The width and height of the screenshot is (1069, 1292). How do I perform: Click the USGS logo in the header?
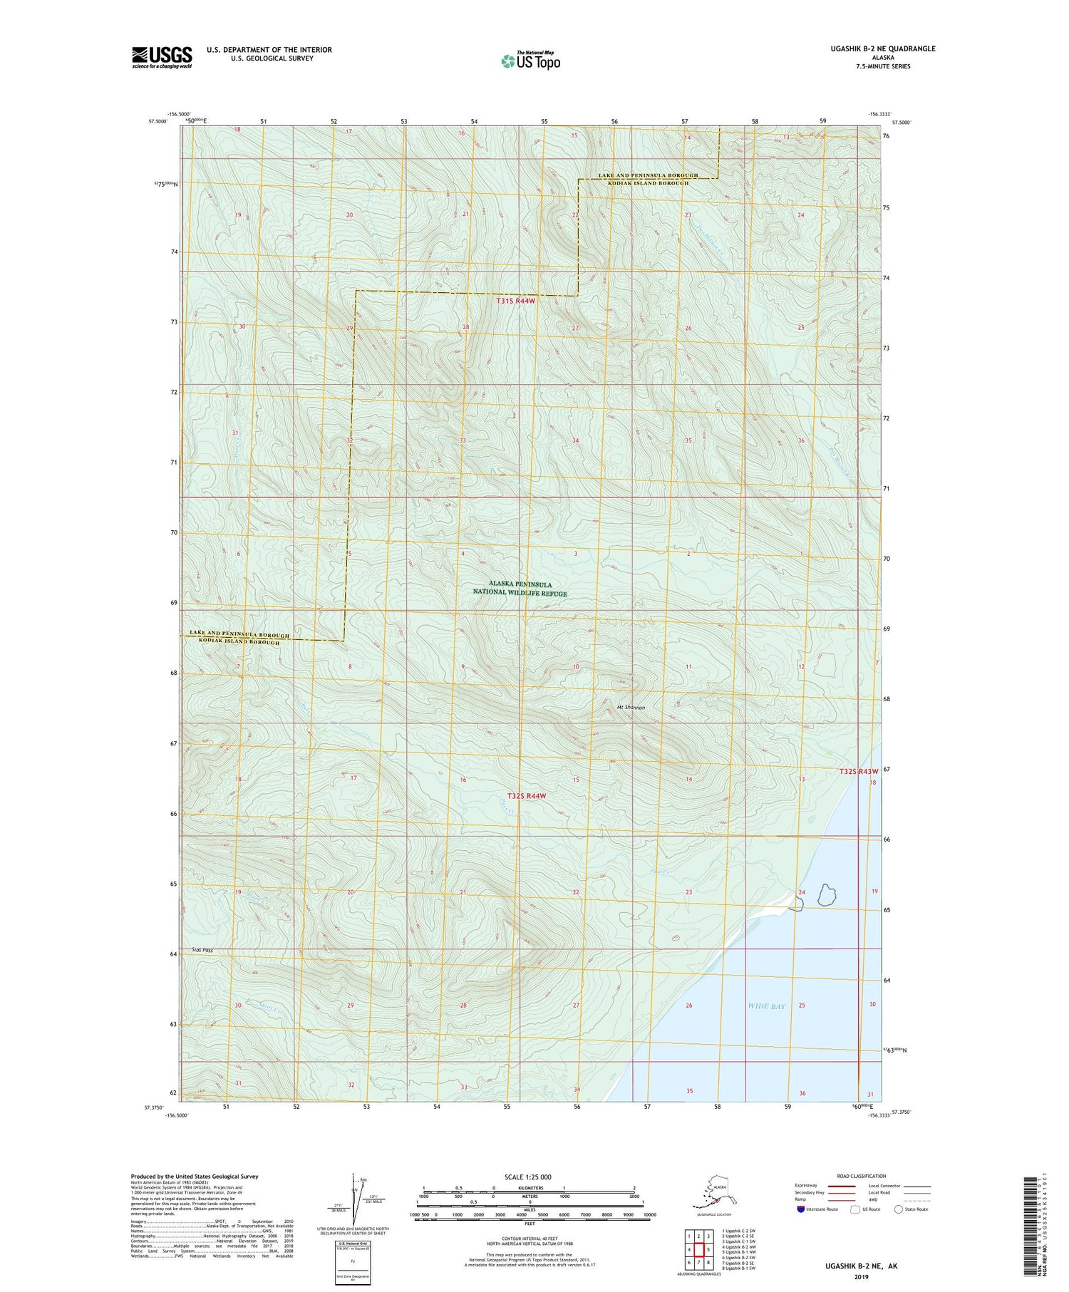[162, 57]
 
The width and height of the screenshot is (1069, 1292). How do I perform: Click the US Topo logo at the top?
[530, 61]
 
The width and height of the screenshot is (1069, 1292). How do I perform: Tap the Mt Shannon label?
[631, 708]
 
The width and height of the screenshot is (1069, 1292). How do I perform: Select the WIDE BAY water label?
[767, 1006]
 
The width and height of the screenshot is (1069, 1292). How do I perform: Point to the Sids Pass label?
[202, 950]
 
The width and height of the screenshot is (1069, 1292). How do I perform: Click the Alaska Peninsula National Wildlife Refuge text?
[520, 589]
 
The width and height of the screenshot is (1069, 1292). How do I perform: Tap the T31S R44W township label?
[515, 301]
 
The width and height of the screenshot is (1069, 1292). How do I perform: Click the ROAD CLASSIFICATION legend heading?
[862, 1176]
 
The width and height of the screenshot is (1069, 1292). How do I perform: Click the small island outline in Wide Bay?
[827, 894]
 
